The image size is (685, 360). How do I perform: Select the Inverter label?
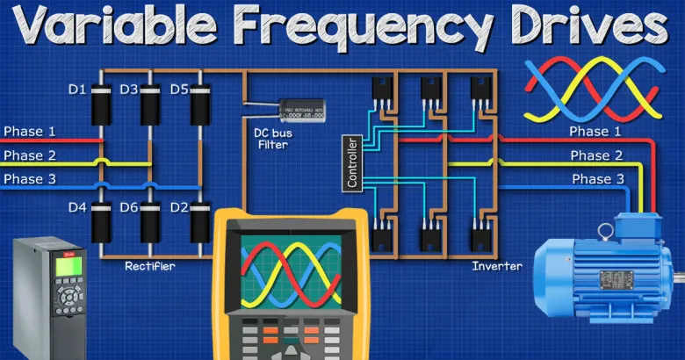[x=498, y=266]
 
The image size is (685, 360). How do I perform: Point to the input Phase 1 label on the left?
[x=30, y=132]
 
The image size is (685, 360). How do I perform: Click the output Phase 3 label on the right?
[x=599, y=179]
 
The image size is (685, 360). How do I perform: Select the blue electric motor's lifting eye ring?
[x=605, y=232]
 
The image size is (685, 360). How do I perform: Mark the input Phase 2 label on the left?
[x=30, y=155]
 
